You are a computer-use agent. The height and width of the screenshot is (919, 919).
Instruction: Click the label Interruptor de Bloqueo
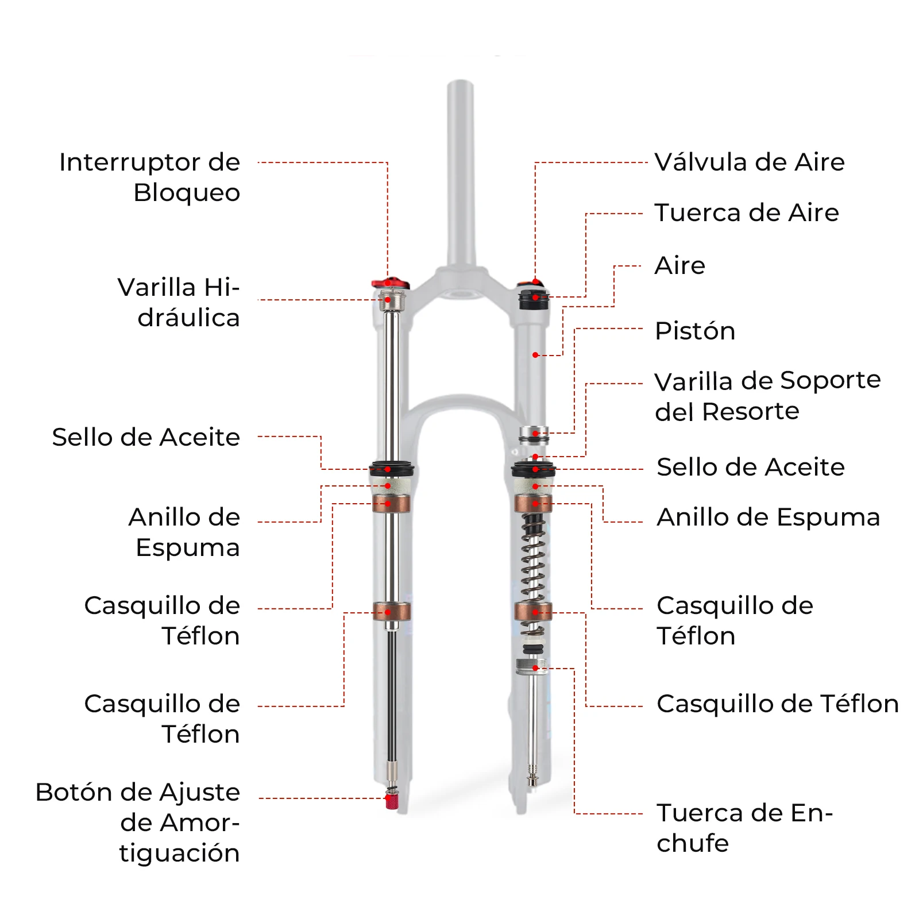coord(149,177)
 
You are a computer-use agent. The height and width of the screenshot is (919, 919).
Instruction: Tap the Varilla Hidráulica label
coord(179,302)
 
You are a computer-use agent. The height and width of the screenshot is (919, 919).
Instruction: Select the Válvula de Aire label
coord(750,162)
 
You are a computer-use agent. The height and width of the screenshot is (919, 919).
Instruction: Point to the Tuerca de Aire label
coord(747,213)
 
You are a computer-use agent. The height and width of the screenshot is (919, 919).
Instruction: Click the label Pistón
coord(695,331)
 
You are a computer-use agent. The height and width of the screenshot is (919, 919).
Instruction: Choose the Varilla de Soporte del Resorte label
coord(767,396)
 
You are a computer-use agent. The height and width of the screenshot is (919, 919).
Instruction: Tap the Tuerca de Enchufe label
coord(744,828)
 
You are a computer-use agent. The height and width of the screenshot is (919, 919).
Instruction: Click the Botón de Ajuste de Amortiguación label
coord(138,822)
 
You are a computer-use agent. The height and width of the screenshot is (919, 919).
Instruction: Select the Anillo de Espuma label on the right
coord(768,517)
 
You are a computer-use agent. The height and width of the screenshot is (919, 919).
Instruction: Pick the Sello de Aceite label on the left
coord(146,437)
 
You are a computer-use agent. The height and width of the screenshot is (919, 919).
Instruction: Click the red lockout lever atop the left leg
coord(389,283)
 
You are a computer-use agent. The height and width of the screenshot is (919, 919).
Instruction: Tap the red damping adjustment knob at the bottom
coord(392,801)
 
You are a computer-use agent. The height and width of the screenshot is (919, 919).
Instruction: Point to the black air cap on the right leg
coord(534,300)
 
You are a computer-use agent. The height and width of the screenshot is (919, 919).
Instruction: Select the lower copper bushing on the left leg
coord(391,611)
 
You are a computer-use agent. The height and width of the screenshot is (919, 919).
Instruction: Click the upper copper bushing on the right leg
coord(533,504)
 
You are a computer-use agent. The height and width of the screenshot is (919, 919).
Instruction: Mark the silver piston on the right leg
coord(534,434)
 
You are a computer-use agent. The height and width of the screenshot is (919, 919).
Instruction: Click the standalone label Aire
coord(679,265)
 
